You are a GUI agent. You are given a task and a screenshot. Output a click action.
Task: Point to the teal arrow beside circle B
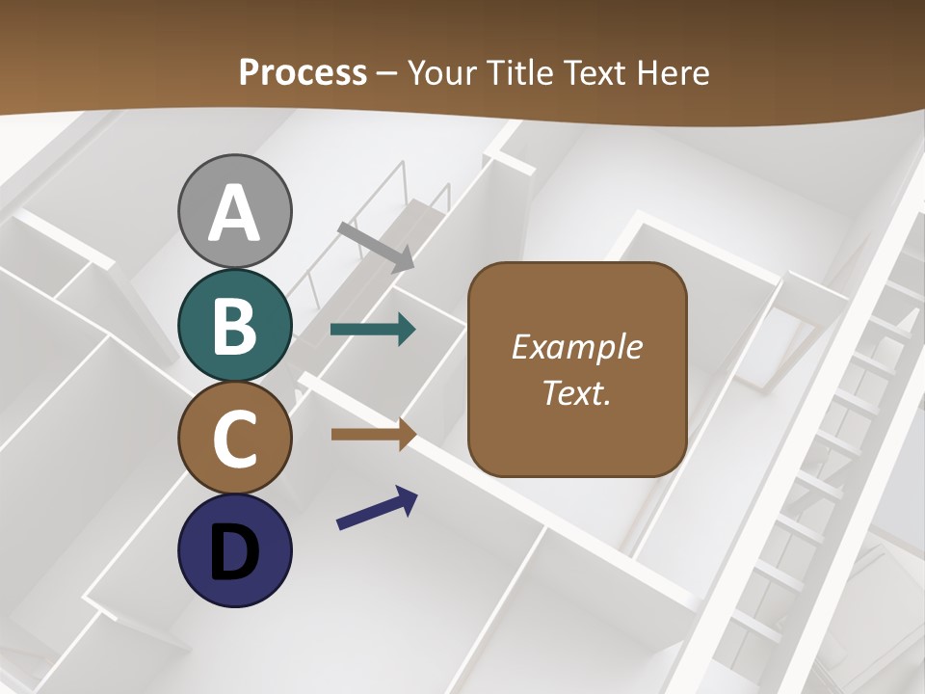pyautogui.click(x=373, y=330)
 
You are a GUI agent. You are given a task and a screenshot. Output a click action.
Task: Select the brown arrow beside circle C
pyautogui.click(x=373, y=434)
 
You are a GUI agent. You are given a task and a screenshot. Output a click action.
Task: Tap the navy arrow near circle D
pyautogui.click(x=377, y=508)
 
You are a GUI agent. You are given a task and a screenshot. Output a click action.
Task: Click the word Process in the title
pyautogui.click(x=303, y=72)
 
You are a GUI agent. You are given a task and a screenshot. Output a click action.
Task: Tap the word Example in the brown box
pyautogui.click(x=576, y=347)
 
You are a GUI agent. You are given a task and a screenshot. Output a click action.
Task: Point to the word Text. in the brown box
pyautogui.click(x=576, y=392)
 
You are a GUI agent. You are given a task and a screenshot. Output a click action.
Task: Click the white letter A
pyautogui.click(x=234, y=213)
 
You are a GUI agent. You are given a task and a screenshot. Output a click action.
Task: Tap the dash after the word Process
pyautogui.click(x=387, y=74)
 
